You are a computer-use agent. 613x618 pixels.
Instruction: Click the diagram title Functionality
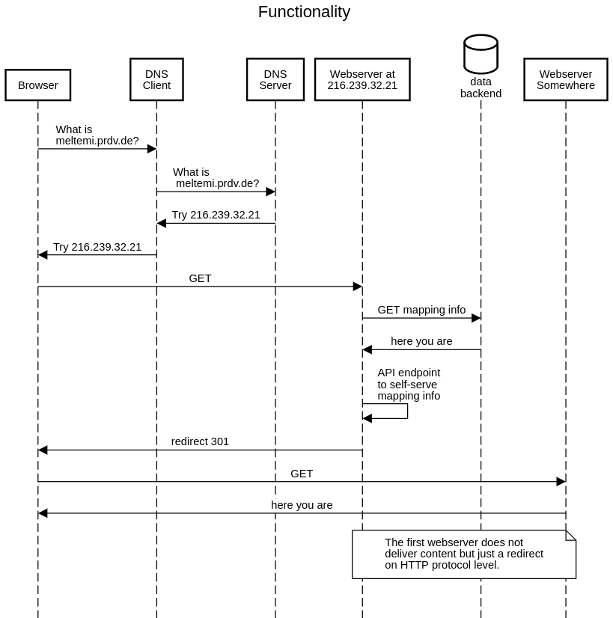[304, 12]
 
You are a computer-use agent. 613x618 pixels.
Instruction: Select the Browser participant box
[37, 85]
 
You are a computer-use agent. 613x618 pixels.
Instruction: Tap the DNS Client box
[156, 79]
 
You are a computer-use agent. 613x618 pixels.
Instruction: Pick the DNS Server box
[275, 79]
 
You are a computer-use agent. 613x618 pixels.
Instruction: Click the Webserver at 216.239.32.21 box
[362, 79]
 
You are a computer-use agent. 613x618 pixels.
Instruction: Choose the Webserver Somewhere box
[565, 79]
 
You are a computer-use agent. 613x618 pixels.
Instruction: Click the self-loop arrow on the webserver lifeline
[406, 411]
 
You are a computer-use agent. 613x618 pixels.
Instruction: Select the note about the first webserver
[463, 554]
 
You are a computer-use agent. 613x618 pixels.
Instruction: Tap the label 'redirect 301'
[200, 441]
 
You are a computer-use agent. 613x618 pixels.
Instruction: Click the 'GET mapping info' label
[421, 310]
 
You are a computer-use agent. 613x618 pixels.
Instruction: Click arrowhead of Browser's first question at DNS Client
[152, 149]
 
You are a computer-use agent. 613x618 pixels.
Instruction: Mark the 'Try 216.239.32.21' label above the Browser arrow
[97, 247]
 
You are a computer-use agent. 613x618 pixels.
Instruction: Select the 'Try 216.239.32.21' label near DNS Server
[216, 215]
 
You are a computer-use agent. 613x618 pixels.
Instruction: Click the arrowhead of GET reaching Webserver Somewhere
[561, 482]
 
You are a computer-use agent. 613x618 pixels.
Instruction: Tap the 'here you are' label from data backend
[421, 341]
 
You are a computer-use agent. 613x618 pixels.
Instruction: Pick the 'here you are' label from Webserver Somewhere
[302, 505]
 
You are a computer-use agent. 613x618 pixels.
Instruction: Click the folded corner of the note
[570, 535]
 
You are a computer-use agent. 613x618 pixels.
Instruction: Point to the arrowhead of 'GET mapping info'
[476, 318]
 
